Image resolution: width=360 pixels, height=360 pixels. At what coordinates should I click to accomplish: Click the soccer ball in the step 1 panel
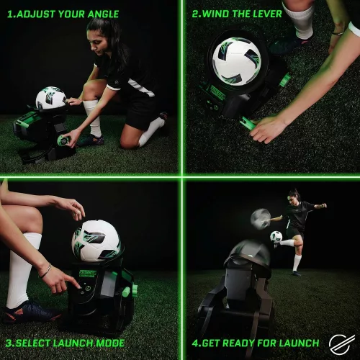pos(50,99)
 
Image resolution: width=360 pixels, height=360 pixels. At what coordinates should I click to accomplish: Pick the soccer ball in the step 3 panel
pos(96,241)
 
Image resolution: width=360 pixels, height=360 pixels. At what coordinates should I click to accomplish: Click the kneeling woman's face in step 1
pos(99,40)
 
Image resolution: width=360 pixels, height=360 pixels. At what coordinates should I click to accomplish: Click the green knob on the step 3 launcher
pos(132,290)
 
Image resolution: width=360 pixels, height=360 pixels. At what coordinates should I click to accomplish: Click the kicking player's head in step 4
pos(294,196)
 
